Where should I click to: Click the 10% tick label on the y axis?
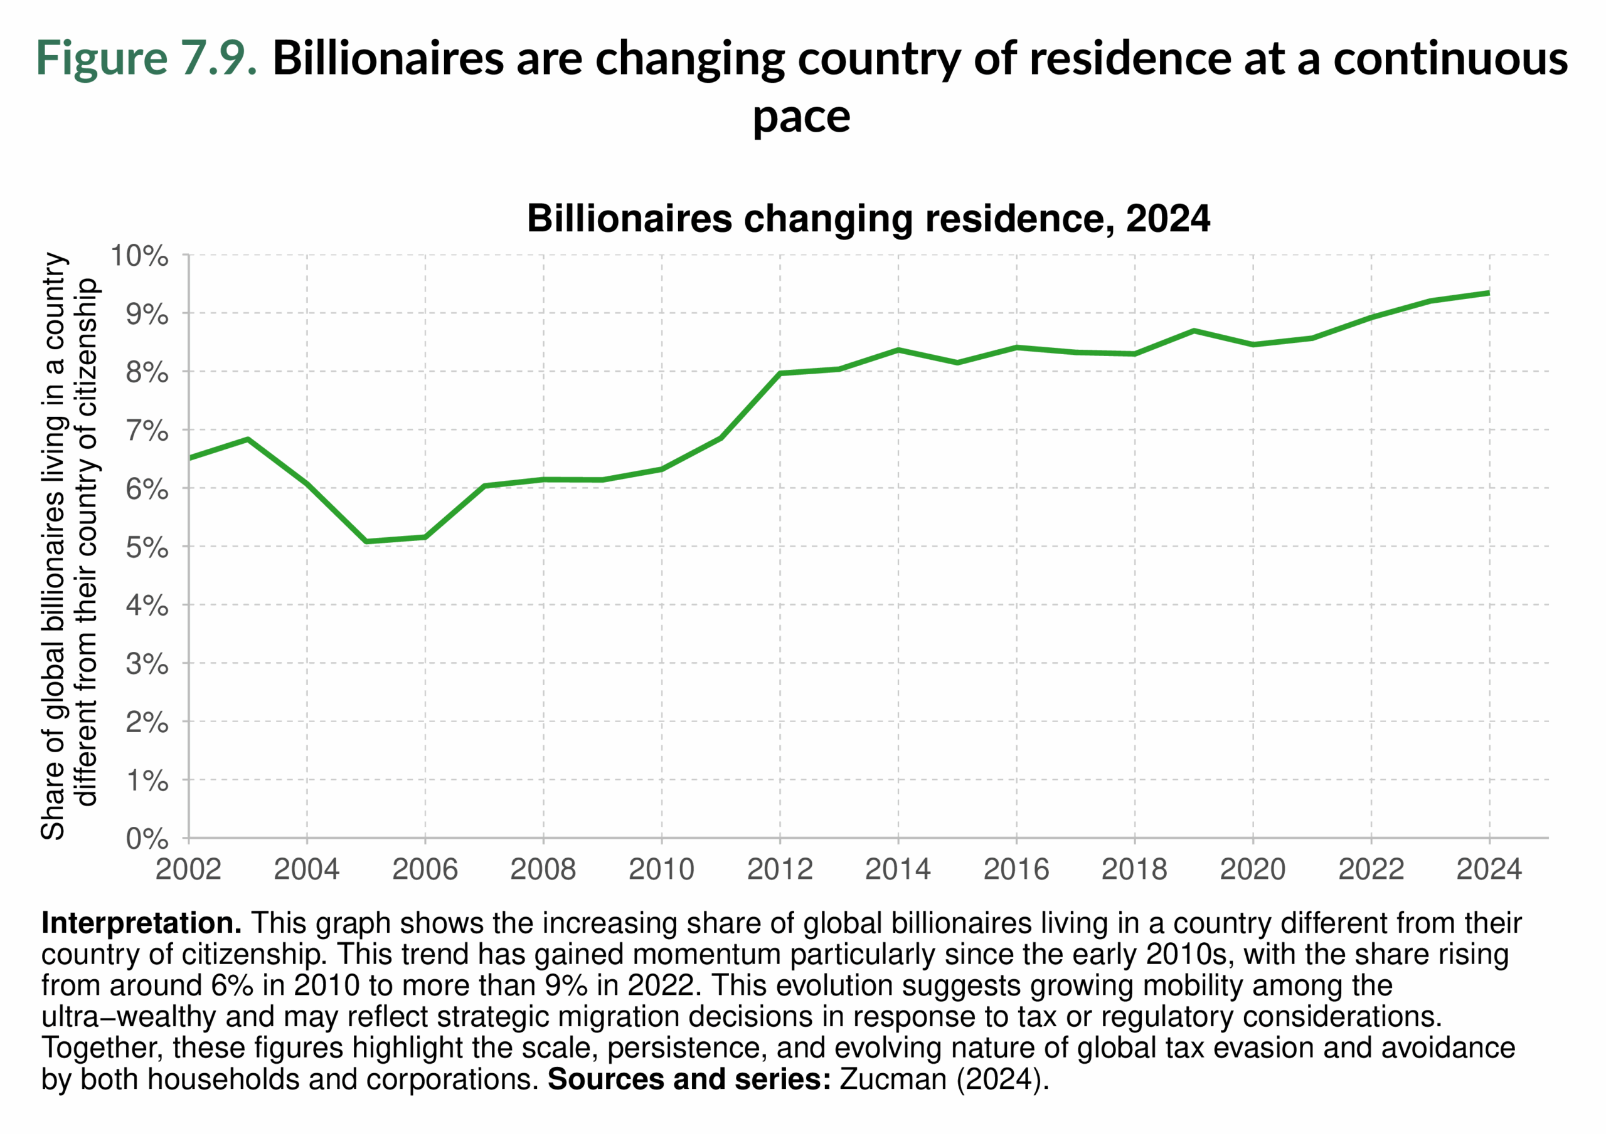pos(139,256)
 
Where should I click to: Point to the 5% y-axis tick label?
pos(147,547)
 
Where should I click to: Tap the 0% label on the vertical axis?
pos(147,838)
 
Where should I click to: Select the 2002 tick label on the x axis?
pos(188,869)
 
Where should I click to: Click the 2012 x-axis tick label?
pos(779,869)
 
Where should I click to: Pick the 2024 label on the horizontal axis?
pos(1489,869)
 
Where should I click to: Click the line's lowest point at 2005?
pos(366,541)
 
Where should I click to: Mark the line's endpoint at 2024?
pos(1489,293)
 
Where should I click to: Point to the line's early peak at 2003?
pos(248,439)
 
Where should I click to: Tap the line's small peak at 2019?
pos(1194,331)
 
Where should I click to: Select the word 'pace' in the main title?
pos(801,116)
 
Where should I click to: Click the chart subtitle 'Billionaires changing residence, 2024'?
pos(868,219)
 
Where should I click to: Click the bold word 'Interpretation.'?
pos(141,923)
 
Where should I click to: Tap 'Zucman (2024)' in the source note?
pos(944,1079)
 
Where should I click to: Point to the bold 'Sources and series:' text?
pos(688,1079)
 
